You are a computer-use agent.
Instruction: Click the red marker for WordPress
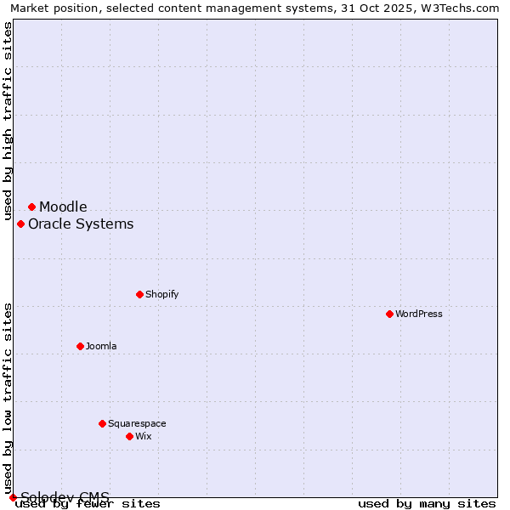[x=389, y=314]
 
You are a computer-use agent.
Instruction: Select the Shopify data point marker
[x=139, y=294]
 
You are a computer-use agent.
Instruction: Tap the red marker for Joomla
[x=80, y=346]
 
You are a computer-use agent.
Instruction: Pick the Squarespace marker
[x=102, y=423]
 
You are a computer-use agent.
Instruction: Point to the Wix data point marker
[x=129, y=436]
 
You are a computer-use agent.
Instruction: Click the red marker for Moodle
[x=31, y=207]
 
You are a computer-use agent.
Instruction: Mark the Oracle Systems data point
[x=20, y=224]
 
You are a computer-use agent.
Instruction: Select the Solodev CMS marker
[x=13, y=497]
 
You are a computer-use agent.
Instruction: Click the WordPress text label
[x=419, y=314]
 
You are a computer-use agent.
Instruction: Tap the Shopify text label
[x=161, y=294]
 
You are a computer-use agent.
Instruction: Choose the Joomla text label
[x=101, y=346]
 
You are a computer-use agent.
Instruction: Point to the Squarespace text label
[x=137, y=423]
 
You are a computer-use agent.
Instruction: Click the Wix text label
[x=143, y=436]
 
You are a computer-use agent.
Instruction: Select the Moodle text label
[x=63, y=207]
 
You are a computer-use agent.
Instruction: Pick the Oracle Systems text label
[x=81, y=224]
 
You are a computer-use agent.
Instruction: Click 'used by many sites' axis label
[x=427, y=503]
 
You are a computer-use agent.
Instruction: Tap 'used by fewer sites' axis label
[x=88, y=503]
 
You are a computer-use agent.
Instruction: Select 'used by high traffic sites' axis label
[x=8, y=121]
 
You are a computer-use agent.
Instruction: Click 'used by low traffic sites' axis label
[x=8, y=398]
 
